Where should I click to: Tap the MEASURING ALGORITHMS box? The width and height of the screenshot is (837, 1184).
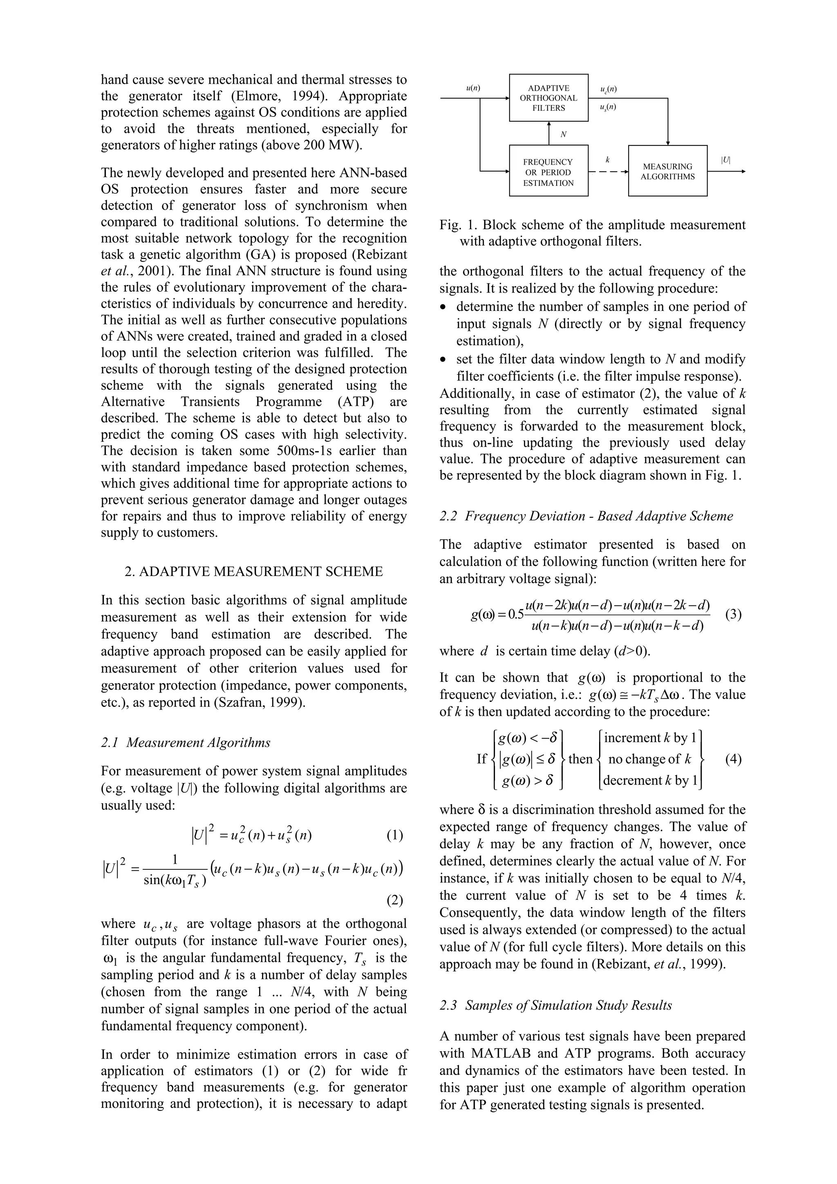(667, 171)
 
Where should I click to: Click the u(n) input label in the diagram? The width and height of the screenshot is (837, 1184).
(472, 88)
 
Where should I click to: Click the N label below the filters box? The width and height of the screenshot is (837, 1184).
(563, 134)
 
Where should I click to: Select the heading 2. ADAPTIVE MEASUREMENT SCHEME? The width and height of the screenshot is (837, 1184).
(254, 572)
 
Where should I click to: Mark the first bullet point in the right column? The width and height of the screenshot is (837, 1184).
(443, 307)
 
